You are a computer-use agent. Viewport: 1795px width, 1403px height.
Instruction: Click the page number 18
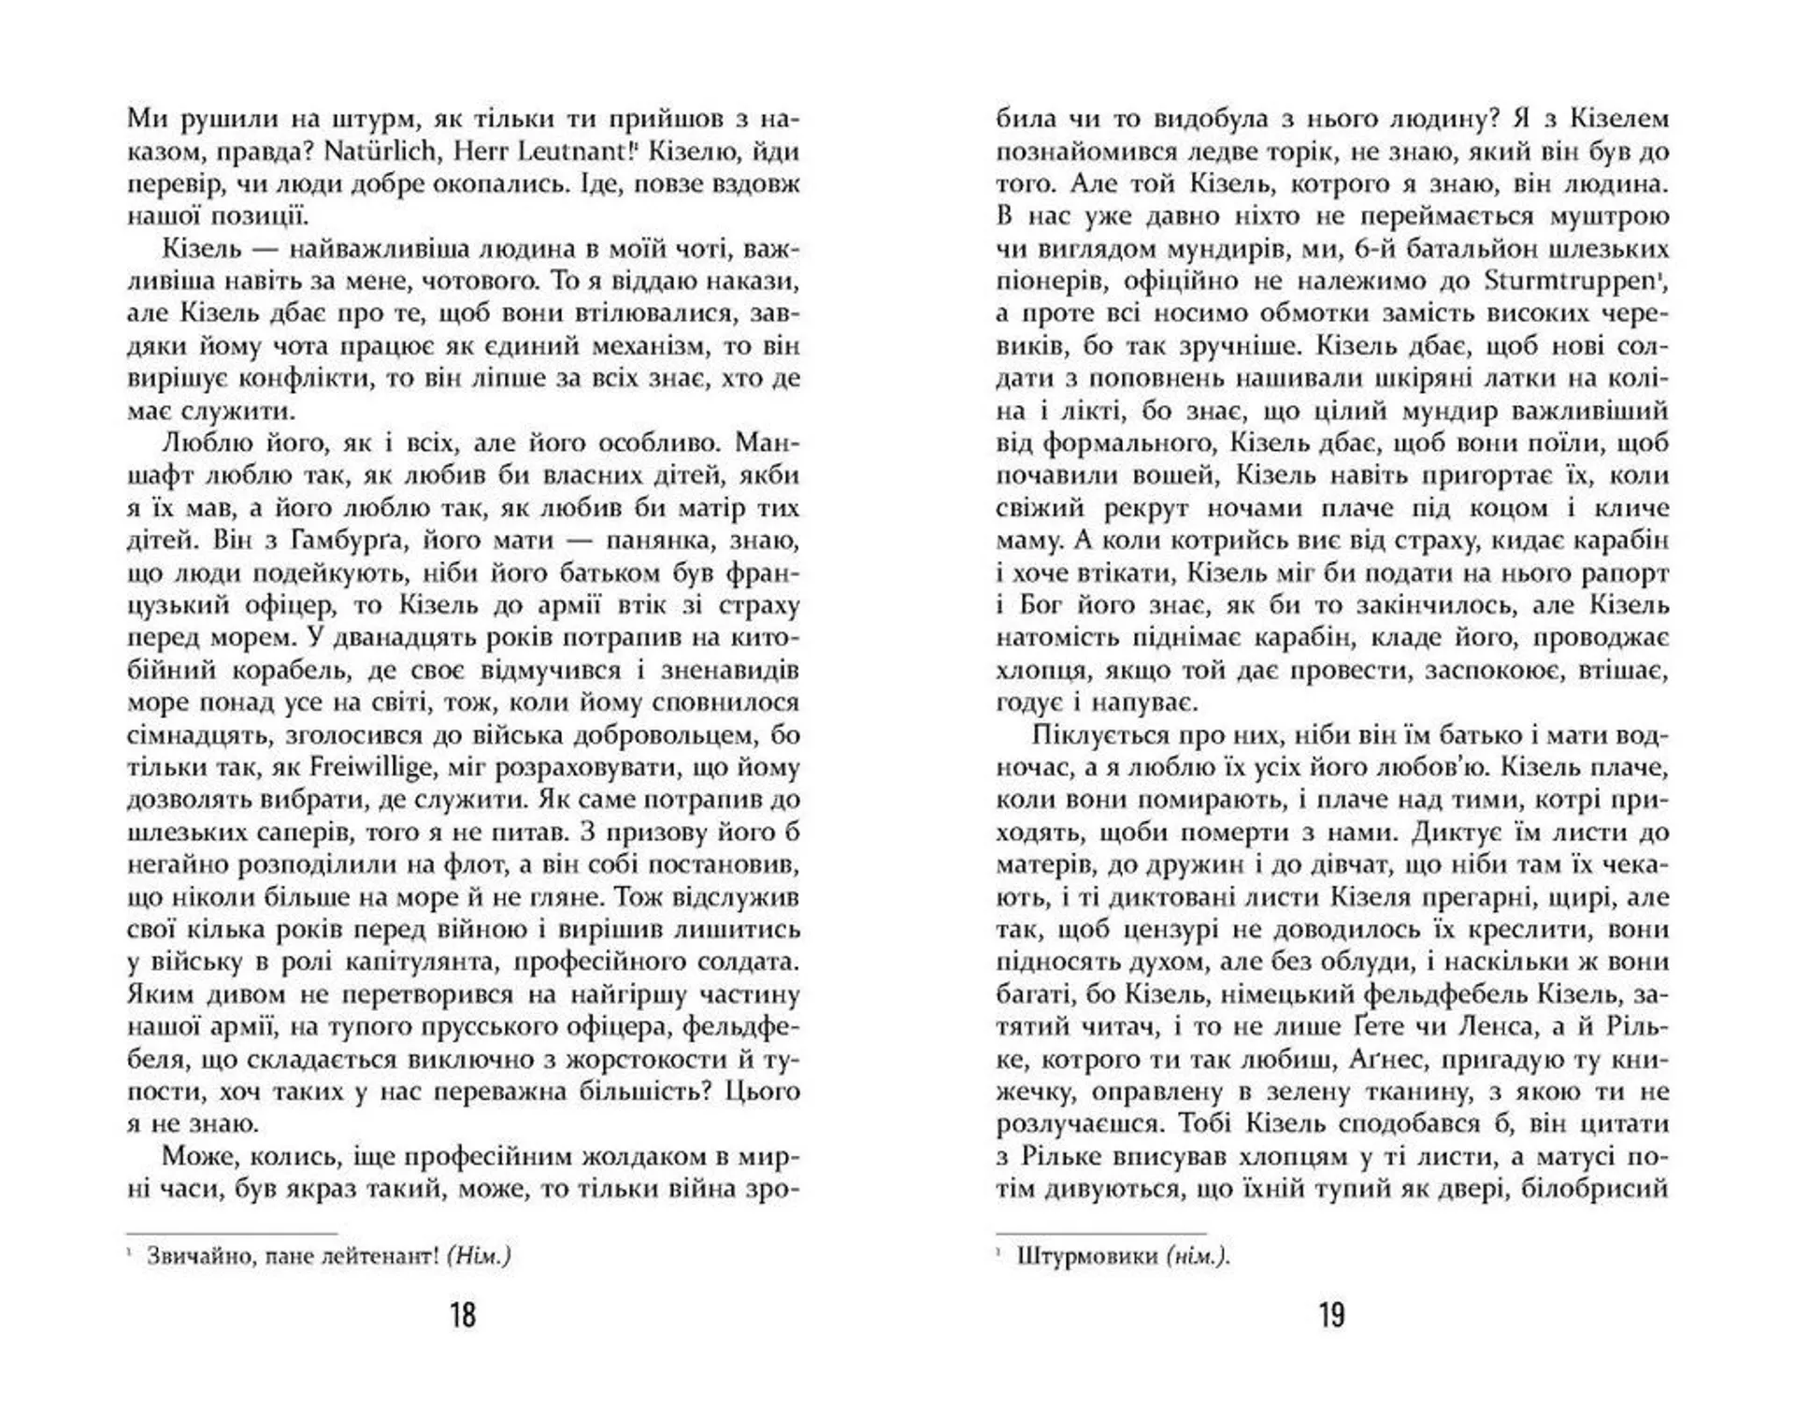(463, 1315)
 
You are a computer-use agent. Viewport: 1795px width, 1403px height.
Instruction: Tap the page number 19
(1331, 1315)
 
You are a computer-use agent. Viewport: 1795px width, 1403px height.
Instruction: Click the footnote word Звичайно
(198, 1256)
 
